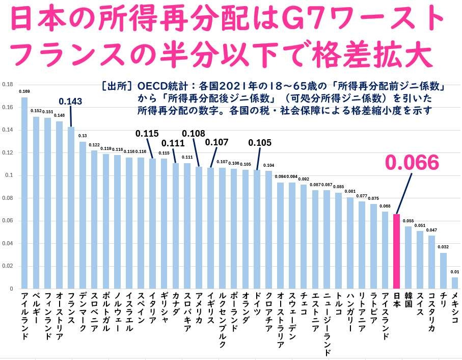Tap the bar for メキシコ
coord(455,283)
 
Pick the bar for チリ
coord(443,271)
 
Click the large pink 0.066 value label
coord(411,163)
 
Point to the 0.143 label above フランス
coord(71,102)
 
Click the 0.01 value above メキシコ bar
coord(455,272)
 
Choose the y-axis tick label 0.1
coord(9,175)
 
